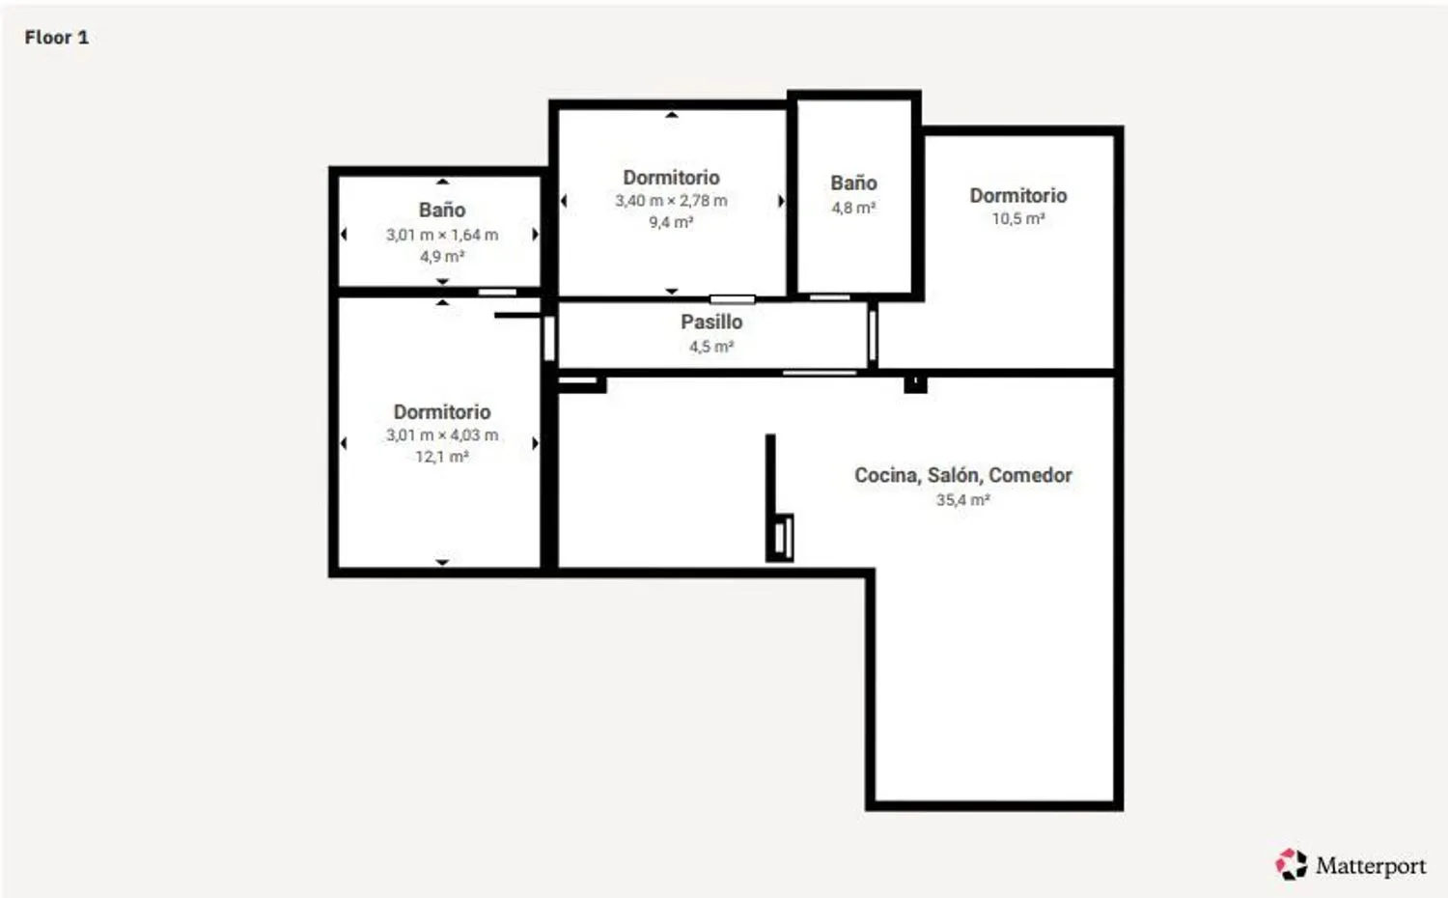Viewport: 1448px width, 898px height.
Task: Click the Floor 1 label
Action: pyautogui.click(x=56, y=38)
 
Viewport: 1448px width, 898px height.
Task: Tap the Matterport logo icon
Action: pyautogui.click(x=1291, y=864)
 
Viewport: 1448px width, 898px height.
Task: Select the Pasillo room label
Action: pyautogui.click(x=711, y=323)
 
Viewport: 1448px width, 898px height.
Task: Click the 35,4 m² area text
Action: pyautogui.click(x=962, y=500)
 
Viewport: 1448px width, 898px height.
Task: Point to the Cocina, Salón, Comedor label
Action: pyautogui.click(x=962, y=475)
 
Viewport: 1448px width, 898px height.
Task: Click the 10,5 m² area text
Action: pyautogui.click(x=1018, y=219)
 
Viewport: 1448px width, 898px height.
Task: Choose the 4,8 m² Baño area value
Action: pyautogui.click(x=853, y=208)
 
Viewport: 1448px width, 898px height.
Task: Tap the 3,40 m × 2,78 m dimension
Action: pyautogui.click(x=671, y=201)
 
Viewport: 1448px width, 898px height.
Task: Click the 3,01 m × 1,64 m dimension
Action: pyautogui.click(x=442, y=235)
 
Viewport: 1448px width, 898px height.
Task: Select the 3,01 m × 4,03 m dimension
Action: pyautogui.click(x=442, y=435)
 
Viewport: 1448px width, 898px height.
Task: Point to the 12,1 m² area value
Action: pyautogui.click(x=442, y=457)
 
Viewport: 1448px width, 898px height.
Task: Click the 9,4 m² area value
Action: pyautogui.click(x=671, y=223)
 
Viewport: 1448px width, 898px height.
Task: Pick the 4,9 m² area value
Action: pyautogui.click(x=442, y=257)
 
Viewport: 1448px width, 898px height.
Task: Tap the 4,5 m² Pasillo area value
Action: pyautogui.click(x=711, y=347)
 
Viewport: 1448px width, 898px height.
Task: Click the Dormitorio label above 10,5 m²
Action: pyautogui.click(x=1018, y=196)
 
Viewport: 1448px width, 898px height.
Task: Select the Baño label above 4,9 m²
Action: pyautogui.click(x=442, y=210)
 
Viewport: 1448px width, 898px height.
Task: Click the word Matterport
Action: pyautogui.click(x=1370, y=865)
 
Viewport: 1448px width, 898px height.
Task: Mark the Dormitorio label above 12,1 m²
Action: pyautogui.click(x=442, y=412)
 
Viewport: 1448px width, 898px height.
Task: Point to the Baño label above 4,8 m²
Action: pyautogui.click(x=853, y=183)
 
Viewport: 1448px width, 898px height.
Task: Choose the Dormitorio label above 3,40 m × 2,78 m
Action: pyautogui.click(x=671, y=178)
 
